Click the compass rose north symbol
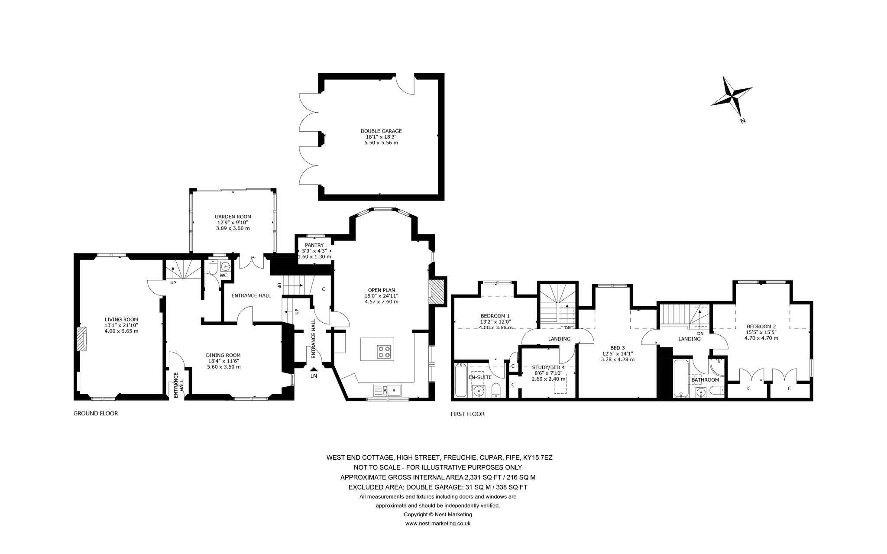732,97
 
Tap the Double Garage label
381,131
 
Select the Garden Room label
233,217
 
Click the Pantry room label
314,245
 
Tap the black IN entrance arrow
314,369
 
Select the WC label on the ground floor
223,275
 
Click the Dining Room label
223,355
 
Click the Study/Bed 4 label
548,367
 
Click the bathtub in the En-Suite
460,381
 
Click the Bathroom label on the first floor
705,380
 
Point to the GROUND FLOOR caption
95,413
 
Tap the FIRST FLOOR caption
467,414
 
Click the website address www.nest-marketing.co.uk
437,523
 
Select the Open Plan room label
381,290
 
